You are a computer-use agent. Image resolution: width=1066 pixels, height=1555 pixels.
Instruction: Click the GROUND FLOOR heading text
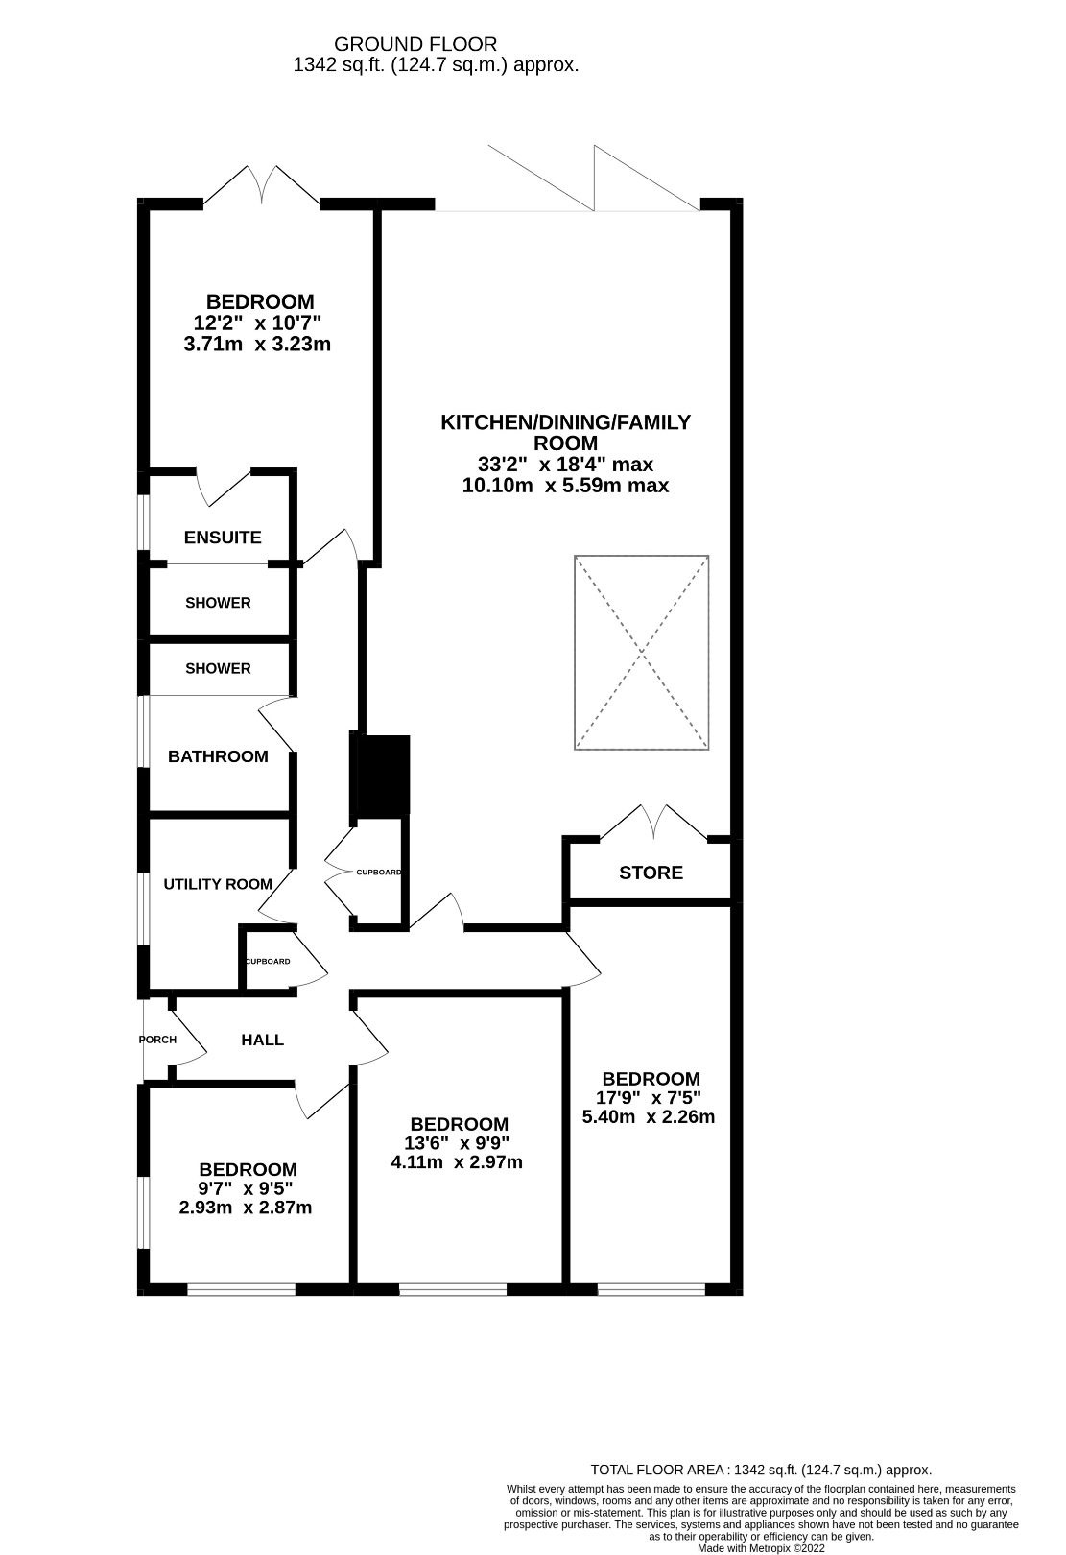pos(415,44)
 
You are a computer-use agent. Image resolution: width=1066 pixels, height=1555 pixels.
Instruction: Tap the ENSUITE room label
pos(223,538)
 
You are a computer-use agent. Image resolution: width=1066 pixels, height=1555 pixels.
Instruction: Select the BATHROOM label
pos(218,756)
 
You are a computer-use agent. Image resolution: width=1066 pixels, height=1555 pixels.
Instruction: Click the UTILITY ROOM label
pos(218,884)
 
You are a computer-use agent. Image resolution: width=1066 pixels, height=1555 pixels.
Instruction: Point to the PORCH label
pos(157,1040)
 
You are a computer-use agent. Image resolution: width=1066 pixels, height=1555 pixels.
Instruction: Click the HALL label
pos(262,1040)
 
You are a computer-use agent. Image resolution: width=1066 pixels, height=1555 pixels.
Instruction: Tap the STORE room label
pos(651,873)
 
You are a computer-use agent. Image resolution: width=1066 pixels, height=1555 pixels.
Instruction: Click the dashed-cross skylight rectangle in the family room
pos(642,652)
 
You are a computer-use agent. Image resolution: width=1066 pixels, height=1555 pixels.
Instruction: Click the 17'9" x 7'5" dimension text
pos(651,1098)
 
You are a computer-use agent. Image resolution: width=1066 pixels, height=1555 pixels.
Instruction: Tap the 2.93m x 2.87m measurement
pos(246,1208)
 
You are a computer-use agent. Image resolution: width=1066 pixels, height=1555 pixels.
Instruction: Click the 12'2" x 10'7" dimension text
pos(257,323)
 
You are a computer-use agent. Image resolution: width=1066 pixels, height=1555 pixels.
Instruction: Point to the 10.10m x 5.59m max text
pos(565,486)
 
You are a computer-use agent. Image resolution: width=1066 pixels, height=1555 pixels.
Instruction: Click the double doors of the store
pos(654,824)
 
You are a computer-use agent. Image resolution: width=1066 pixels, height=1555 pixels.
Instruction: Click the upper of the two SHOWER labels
pos(218,603)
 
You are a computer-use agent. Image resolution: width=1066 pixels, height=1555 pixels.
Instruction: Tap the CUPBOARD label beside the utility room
pos(268,961)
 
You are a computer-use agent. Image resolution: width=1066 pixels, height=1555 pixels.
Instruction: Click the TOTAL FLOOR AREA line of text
pos(761,1470)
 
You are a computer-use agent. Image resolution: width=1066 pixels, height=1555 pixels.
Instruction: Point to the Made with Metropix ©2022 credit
pos(761,1547)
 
